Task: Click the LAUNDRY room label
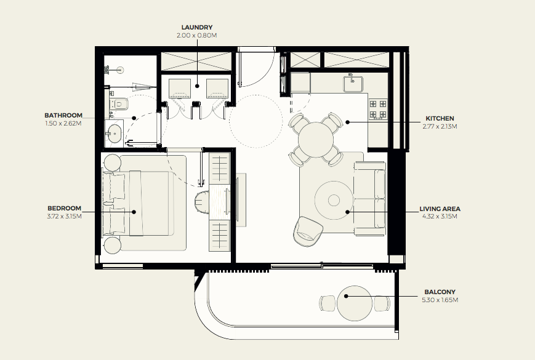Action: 197,27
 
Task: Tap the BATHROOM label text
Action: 63,115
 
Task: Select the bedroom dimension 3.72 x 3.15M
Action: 65,216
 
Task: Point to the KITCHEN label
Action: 440,118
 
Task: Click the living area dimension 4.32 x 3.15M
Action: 440,216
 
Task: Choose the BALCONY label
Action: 440,292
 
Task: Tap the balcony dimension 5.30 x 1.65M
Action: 440,300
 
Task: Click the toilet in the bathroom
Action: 119,103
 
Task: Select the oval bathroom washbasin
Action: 115,134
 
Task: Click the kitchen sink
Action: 353,84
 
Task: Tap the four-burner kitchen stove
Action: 378,108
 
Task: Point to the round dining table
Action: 316,140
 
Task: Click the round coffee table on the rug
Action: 334,200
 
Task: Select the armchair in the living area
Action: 307,231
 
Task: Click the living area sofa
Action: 370,199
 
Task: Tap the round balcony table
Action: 355,303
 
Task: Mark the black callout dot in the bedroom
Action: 134,212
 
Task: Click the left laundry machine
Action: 180,88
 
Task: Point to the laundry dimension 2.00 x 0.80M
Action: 197,35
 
